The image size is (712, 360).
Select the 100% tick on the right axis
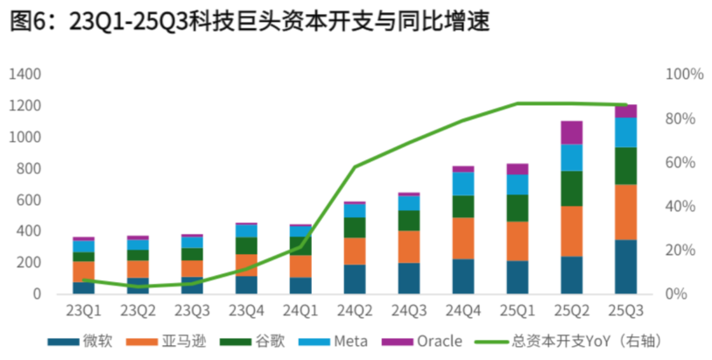(684, 74)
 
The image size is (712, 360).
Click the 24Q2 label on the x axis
(354, 310)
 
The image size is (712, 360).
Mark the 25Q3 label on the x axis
(625, 310)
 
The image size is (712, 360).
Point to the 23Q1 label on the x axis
(83, 310)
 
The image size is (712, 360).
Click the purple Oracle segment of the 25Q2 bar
(571, 132)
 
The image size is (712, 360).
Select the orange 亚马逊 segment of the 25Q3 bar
(625, 212)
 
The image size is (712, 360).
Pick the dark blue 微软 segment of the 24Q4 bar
(462, 276)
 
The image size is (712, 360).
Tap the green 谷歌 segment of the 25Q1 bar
(517, 208)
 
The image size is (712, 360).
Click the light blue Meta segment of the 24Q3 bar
(408, 203)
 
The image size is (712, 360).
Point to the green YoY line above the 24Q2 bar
(355, 166)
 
